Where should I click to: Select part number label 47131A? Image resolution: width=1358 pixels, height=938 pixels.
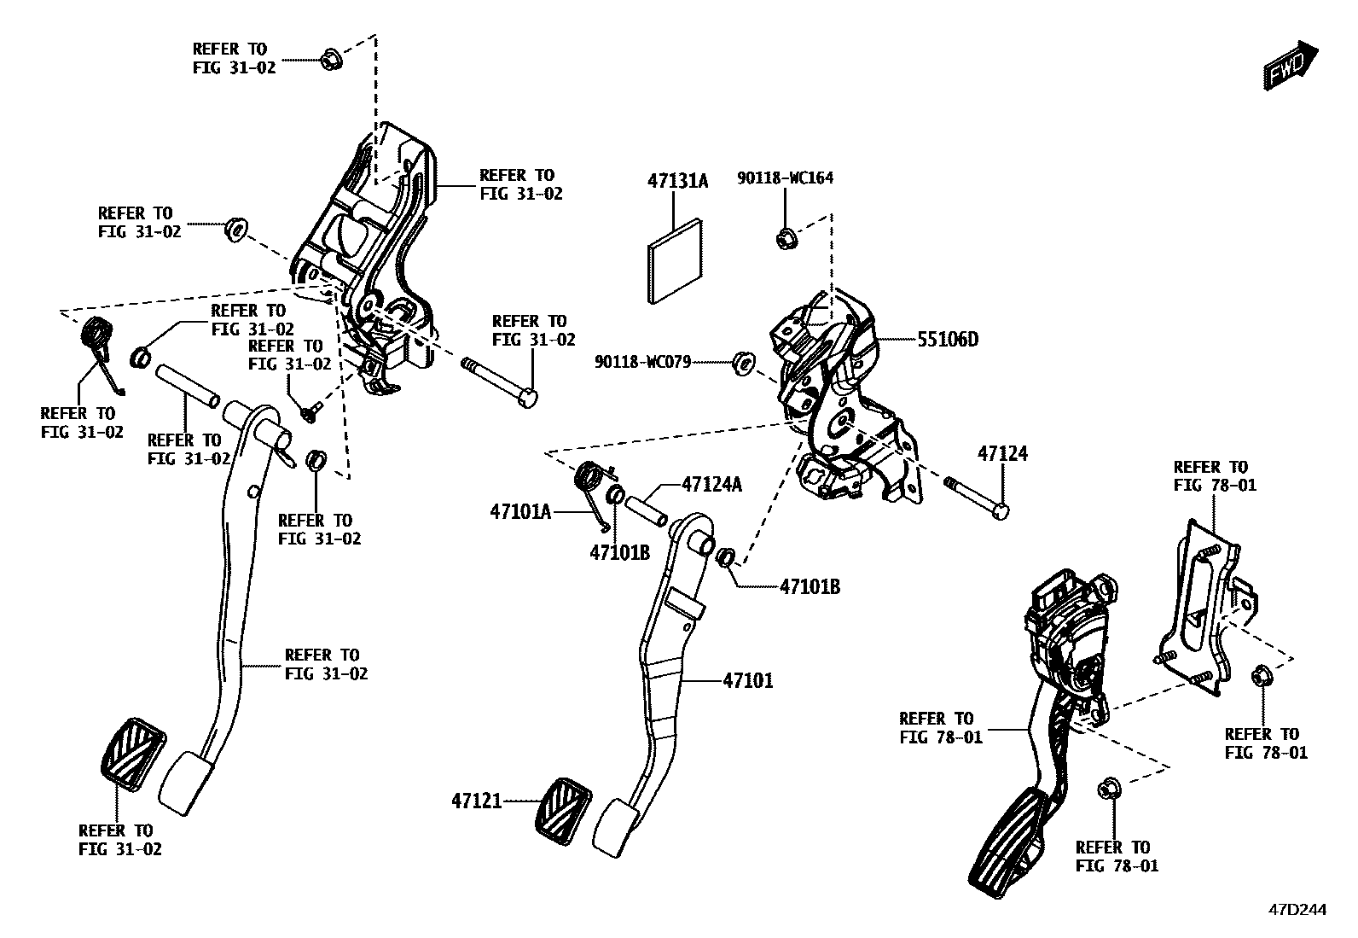tap(677, 181)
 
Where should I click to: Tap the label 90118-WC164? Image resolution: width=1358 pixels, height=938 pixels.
tap(785, 178)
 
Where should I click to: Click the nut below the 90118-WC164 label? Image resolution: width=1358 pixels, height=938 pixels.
tap(785, 238)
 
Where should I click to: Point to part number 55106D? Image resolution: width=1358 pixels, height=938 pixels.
tap(947, 340)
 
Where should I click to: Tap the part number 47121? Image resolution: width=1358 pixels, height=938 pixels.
tap(476, 801)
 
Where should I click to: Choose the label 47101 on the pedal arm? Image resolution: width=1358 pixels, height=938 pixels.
tap(747, 680)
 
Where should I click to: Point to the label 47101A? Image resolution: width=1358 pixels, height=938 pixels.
tap(519, 512)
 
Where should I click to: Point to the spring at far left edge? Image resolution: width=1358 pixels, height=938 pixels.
tap(97, 337)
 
